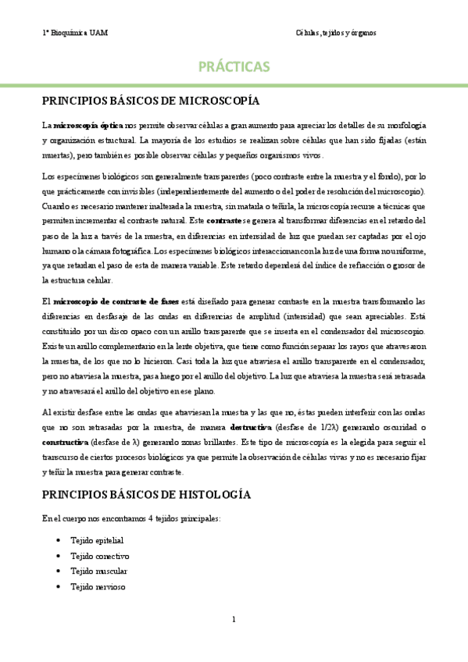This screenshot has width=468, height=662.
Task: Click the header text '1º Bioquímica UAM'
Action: (x=76, y=33)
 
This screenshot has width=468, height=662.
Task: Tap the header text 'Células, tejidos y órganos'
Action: (x=336, y=33)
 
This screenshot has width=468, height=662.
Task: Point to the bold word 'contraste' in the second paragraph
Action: (x=223, y=222)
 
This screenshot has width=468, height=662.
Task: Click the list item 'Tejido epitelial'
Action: (x=97, y=540)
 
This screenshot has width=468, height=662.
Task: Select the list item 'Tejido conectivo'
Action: (x=99, y=556)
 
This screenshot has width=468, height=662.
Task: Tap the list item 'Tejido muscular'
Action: (x=99, y=571)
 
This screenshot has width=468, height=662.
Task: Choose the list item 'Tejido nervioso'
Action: (x=98, y=587)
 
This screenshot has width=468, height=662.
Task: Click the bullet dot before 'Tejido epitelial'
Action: (x=59, y=540)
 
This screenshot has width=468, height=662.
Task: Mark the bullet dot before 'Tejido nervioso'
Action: (x=59, y=587)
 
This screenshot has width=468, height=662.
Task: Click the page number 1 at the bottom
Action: (x=234, y=620)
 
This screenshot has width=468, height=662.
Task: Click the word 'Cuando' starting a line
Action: (x=55, y=206)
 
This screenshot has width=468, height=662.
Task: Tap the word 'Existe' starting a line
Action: (x=53, y=347)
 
